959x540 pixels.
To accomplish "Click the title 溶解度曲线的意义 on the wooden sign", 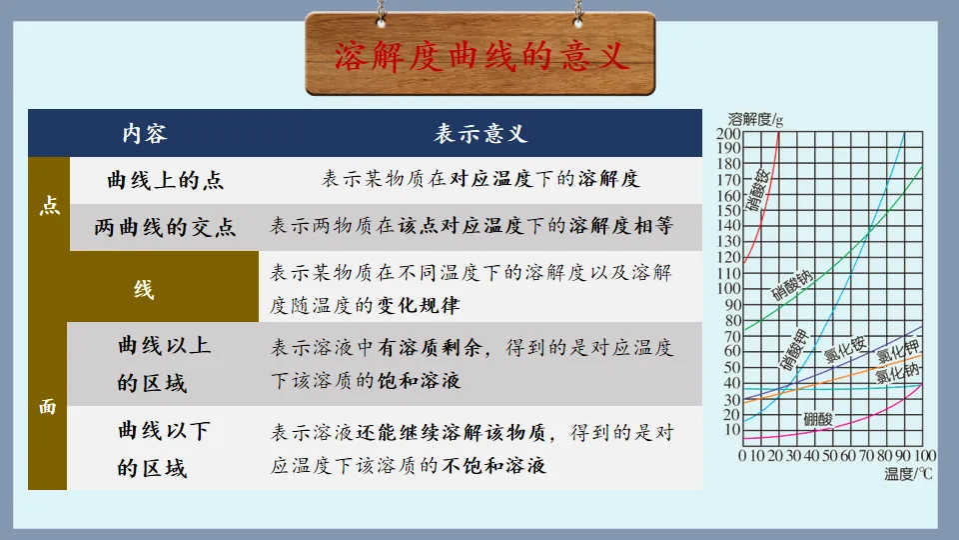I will click(x=480, y=56).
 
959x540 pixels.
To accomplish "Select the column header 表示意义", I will click(x=479, y=134).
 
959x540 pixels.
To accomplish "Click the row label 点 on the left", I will click(x=48, y=203).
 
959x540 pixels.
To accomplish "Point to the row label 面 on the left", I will click(x=48, y=407).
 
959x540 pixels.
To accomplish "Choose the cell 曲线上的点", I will click(x=165, y=180).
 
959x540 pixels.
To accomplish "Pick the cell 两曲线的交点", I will click(x=165, y=227).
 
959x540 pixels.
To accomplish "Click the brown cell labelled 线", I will click(x=145, y=290).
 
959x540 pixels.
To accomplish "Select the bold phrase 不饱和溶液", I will click(x=495, y=465).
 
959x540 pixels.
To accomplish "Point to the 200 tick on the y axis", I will click(x=728, y=135).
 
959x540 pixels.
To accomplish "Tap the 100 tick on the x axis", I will click(x=925, y=456).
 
